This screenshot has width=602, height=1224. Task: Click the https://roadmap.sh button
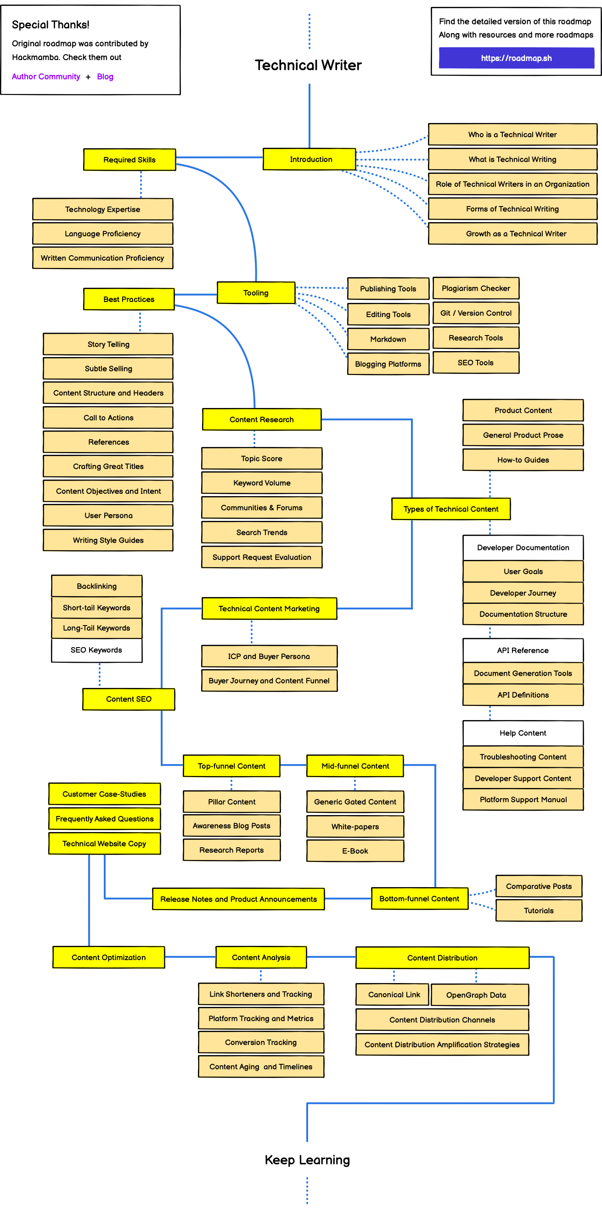(x=516, y=58)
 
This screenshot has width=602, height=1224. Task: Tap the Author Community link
(x=45, y=77)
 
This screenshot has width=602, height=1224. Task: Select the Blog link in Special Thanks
(x=105, y=77)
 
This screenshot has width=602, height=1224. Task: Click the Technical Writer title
(x=308, y=65)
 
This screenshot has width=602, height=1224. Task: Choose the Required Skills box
(x=129, y=160)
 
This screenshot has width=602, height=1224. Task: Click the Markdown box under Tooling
(x=388, y=339)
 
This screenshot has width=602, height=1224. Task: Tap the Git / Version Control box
(x=476, y=313)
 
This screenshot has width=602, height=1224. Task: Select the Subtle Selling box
(x=108, y=369)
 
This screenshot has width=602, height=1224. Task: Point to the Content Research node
(x=262, y=419)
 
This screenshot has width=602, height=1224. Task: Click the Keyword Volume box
(x=262, y=483)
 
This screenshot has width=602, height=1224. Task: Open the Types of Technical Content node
(x=451, y=509)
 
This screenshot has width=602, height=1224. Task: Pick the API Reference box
(x=523, y=650)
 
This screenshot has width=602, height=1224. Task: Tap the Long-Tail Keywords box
(x=96, y=628)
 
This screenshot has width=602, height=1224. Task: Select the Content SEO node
(x=129, y=699)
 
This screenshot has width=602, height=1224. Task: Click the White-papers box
(x=355, y=826)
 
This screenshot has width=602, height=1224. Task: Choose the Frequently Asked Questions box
(x=105, y=819)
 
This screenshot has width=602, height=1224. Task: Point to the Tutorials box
(x=539, y=911)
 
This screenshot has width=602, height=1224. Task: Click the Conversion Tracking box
(x=261, y=1042)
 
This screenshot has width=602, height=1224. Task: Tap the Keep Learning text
(x=307, y=1160)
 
